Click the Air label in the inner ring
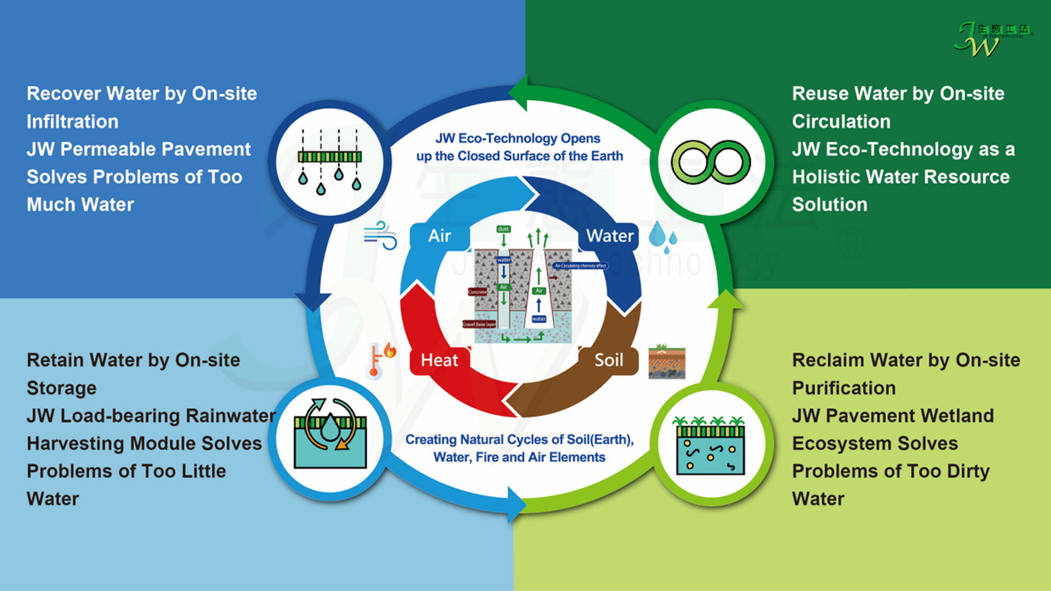(440, 236)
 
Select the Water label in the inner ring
(610, 236)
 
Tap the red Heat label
(440, 360)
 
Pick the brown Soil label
(609, 360)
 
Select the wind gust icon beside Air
(381, 235)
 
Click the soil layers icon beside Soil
(667, 362)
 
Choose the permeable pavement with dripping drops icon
(330, 162)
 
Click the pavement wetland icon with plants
(711, 445)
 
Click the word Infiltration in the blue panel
(73, 121)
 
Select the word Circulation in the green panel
(841, 121)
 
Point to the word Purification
(844, 388)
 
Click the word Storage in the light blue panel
(62, 388)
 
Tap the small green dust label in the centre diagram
(503, 229)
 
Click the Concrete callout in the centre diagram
(477, 292)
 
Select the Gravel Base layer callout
(480, 325)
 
